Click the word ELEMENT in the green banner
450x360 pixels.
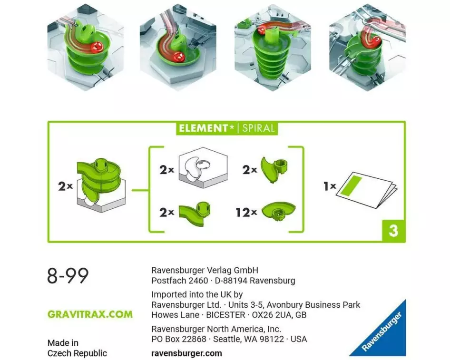(x=204, y=128)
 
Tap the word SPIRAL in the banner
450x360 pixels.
(x=258, y=128)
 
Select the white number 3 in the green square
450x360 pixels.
(x=393, y=231)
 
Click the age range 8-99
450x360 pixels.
(x=68, y=276)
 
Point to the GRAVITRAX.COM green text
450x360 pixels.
(x=90, y=314)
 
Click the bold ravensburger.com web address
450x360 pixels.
(x=186, y=353)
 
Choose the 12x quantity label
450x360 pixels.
(x=246, y=213)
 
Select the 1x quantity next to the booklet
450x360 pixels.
(x=330, y=186)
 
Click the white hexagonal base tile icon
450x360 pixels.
(x=203, y=167)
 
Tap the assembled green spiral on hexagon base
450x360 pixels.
(x=100, y=185)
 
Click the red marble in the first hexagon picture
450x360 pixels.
(x=96, y=47)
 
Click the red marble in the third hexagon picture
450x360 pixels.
(x=263, y=29)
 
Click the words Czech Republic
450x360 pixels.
(x=77, y=353)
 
